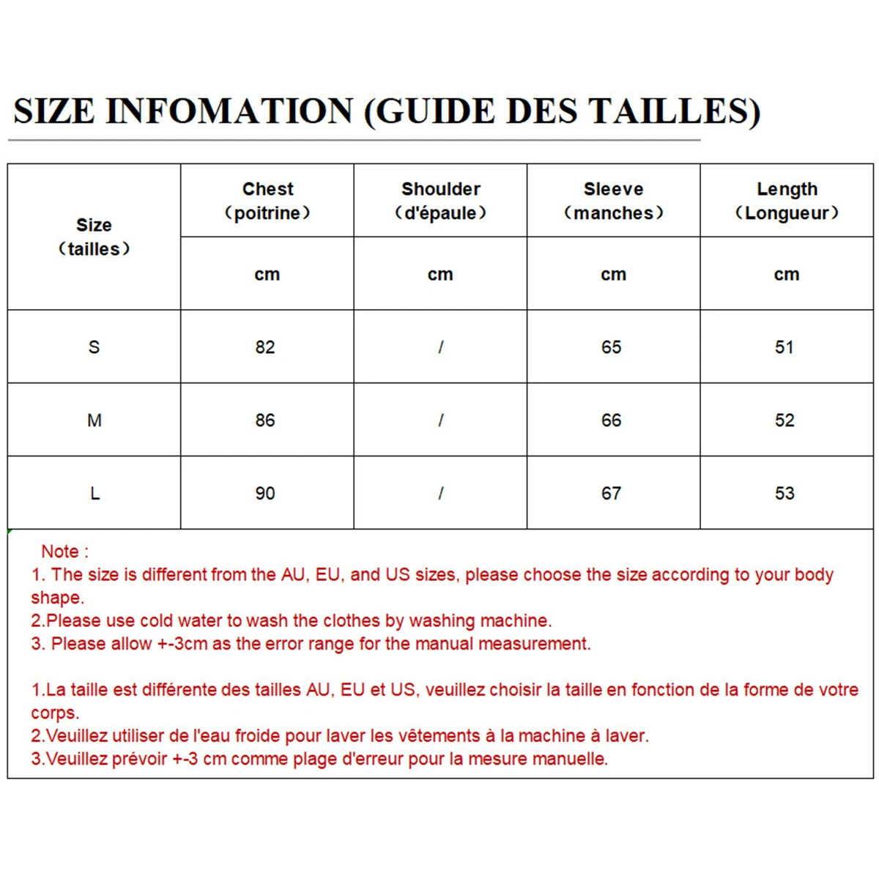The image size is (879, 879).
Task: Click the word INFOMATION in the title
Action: click(229, 111)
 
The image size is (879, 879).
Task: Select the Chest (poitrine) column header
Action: click(267, 201)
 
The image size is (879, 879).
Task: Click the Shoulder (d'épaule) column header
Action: click(440, 201)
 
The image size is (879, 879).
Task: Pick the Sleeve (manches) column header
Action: click(613, 201)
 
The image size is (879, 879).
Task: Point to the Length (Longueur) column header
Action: click(787, 201)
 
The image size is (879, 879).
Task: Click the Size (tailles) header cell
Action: click(94, 237)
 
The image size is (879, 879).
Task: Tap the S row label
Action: click(94, 347)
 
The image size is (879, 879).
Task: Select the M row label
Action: click(94, 420)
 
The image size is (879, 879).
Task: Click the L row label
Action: click(94, 494)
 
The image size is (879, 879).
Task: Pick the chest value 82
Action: click(265, 347)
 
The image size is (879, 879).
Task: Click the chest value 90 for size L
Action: click(265, 494)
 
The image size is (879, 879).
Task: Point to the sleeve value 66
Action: click(612, 420)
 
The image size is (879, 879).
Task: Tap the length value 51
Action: click(785, 347)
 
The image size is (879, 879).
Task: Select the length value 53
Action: click(785, 494)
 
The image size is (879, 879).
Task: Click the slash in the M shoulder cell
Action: click(440, 420)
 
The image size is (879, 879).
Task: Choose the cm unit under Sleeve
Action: click(613, 275)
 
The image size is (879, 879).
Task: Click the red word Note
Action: click(60, 552)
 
